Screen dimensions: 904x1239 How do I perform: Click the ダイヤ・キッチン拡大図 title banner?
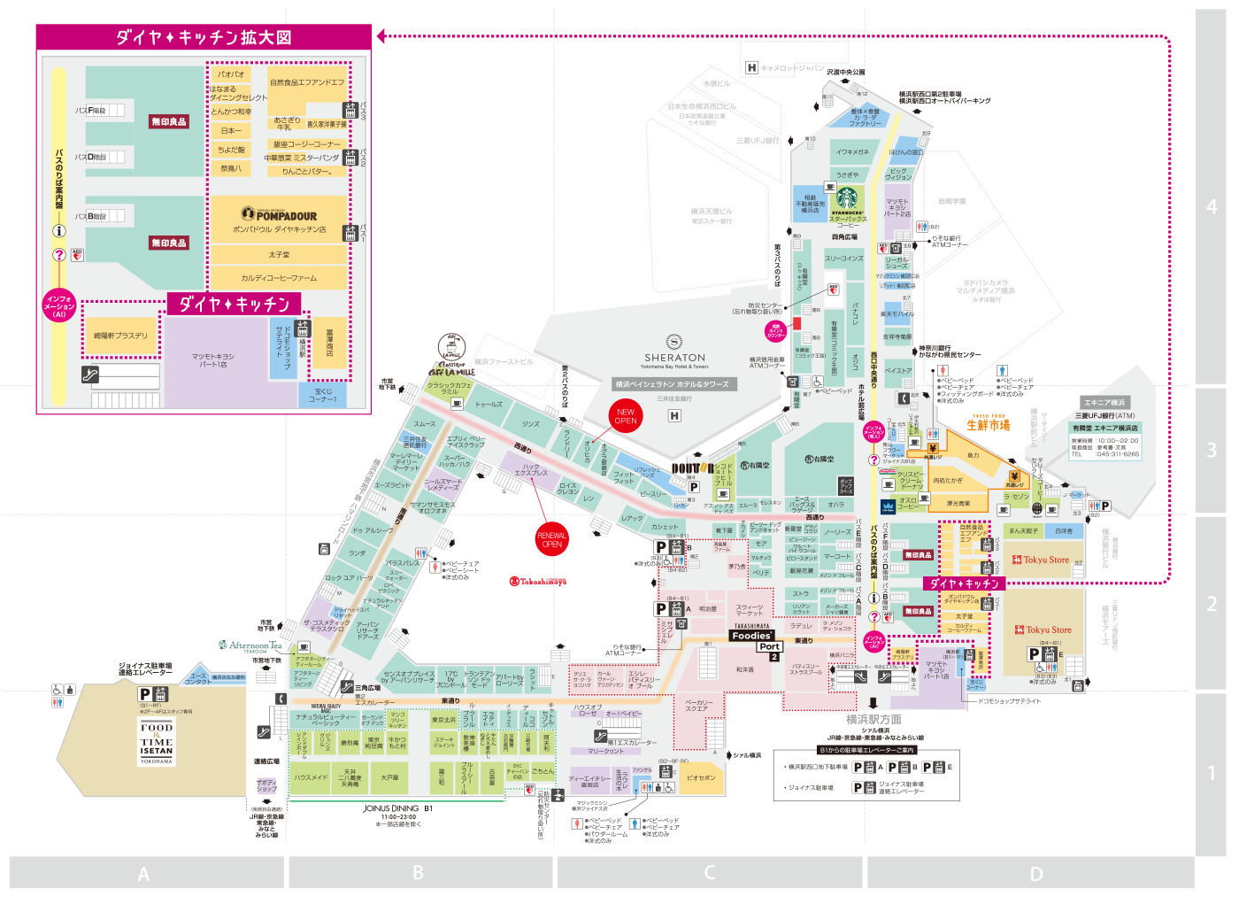tap(204, 37)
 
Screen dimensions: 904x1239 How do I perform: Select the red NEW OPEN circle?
tap(626, 415)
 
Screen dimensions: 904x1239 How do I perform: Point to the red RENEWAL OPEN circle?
tap(551, 539)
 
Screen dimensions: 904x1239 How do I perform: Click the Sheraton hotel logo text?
tap(674, 357)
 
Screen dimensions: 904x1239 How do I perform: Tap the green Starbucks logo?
tap(847, 197)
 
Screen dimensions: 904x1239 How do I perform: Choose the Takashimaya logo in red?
tap(538, 582)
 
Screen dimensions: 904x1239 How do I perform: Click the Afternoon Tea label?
tap(250, 645)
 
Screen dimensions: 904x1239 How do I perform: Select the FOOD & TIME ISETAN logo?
tap(157, 742)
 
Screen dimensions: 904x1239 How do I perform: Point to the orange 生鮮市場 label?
tap(988, 425)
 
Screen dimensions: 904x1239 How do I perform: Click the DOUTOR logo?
tap(692, 468)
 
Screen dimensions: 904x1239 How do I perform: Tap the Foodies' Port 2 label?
tap(754, 641)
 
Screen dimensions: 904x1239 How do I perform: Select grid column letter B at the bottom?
tap(418, 873)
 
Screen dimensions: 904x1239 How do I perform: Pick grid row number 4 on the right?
tap(1212, 206)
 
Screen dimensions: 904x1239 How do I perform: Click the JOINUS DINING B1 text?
tap(397, 808)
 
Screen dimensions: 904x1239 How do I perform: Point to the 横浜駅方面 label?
tap(873, 719)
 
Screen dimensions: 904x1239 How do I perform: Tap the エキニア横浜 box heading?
tap(1104, 402)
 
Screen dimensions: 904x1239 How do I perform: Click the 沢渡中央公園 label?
tap(845, 72)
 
